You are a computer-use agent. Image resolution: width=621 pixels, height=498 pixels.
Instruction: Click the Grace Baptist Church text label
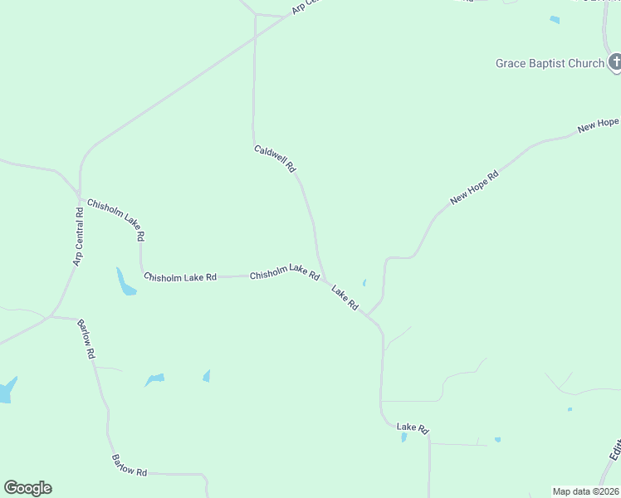point(550,64)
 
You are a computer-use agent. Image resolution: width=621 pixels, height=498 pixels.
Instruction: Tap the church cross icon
point(615,62)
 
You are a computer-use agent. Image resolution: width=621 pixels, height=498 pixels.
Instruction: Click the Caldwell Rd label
point(275,159)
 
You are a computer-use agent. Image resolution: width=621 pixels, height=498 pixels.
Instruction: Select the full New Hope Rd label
point(475,188)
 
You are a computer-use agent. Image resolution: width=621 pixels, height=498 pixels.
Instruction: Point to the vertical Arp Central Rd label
point(79,237)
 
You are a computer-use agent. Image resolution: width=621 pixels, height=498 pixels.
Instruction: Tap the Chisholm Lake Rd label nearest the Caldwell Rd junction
point(285,271)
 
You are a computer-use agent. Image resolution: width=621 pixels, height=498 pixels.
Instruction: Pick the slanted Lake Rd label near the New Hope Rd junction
point(345,298)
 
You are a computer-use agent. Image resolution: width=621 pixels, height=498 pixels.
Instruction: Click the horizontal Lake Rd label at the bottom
point(412,428)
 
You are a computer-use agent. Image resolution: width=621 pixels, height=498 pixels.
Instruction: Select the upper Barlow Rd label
point(86,339)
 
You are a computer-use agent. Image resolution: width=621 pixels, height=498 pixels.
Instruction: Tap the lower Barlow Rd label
point(129,466)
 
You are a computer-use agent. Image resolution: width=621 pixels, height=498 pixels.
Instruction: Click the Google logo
point(27,488)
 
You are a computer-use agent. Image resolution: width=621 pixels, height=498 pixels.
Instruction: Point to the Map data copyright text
point(585,491)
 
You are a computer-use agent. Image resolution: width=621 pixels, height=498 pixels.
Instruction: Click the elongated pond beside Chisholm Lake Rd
point(125,282)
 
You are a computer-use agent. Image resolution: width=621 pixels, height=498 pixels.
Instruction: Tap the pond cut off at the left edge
point(7,389)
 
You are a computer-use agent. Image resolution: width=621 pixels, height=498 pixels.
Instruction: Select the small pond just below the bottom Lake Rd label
point(404,437)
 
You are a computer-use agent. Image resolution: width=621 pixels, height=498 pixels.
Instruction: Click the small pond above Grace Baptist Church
point(555,20)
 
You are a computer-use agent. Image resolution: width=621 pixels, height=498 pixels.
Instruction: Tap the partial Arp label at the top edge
point(305,6)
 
